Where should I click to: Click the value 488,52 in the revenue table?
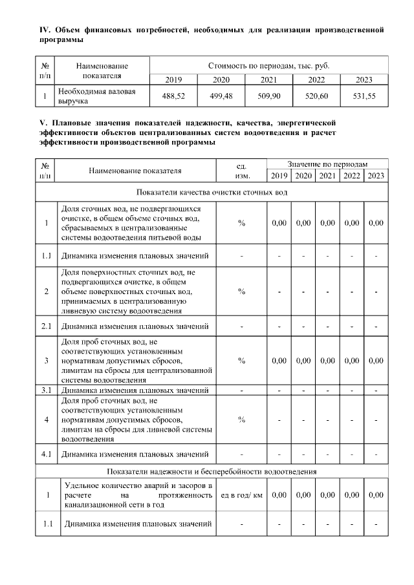(x=173, y=96)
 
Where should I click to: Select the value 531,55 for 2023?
(x=365, y=96)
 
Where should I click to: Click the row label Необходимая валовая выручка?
(x=97, y=96)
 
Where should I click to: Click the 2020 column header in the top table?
(x=221, y=80)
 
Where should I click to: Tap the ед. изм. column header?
(x=241, y=171)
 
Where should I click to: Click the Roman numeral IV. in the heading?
(x=45, y=30)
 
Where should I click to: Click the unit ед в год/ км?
(x=241, y=495)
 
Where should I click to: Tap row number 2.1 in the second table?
(x=46, y=325)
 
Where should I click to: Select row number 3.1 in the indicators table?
(x=46, y=390)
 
